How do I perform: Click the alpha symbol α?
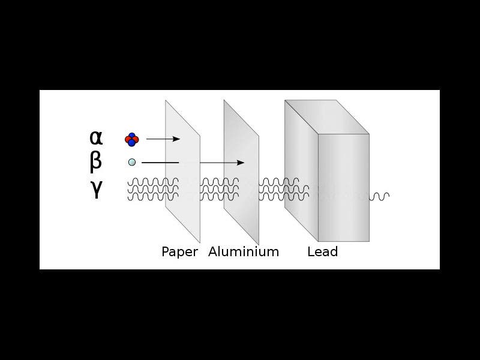pyautogui.click(x=96, y=138)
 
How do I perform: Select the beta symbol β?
pyautogui.click(x=96, y=162)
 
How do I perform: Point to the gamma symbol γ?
pyautogui.click(x=96, y=189)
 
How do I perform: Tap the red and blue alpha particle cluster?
pyautogui.click(x=131, y=139)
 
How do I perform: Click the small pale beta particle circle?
pyautogui.click(x=132, y=162)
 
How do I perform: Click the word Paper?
pyautogui.click(x=179, y=252)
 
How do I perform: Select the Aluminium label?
pyautogui.click(x=244, y=252)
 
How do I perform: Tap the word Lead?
pyautogui.click(x=322, y=252)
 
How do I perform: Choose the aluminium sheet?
pyautogui.click(x=241, y=210)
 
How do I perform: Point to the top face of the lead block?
pyautogui.click(x=327, y=117)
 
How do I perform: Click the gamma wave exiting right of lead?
pyautogui.click(x=380, y=196)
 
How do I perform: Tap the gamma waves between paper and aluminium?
pyautogui.click(x=211, y=188)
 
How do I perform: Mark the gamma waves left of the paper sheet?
pyautogui.click(x=152, y=188)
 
